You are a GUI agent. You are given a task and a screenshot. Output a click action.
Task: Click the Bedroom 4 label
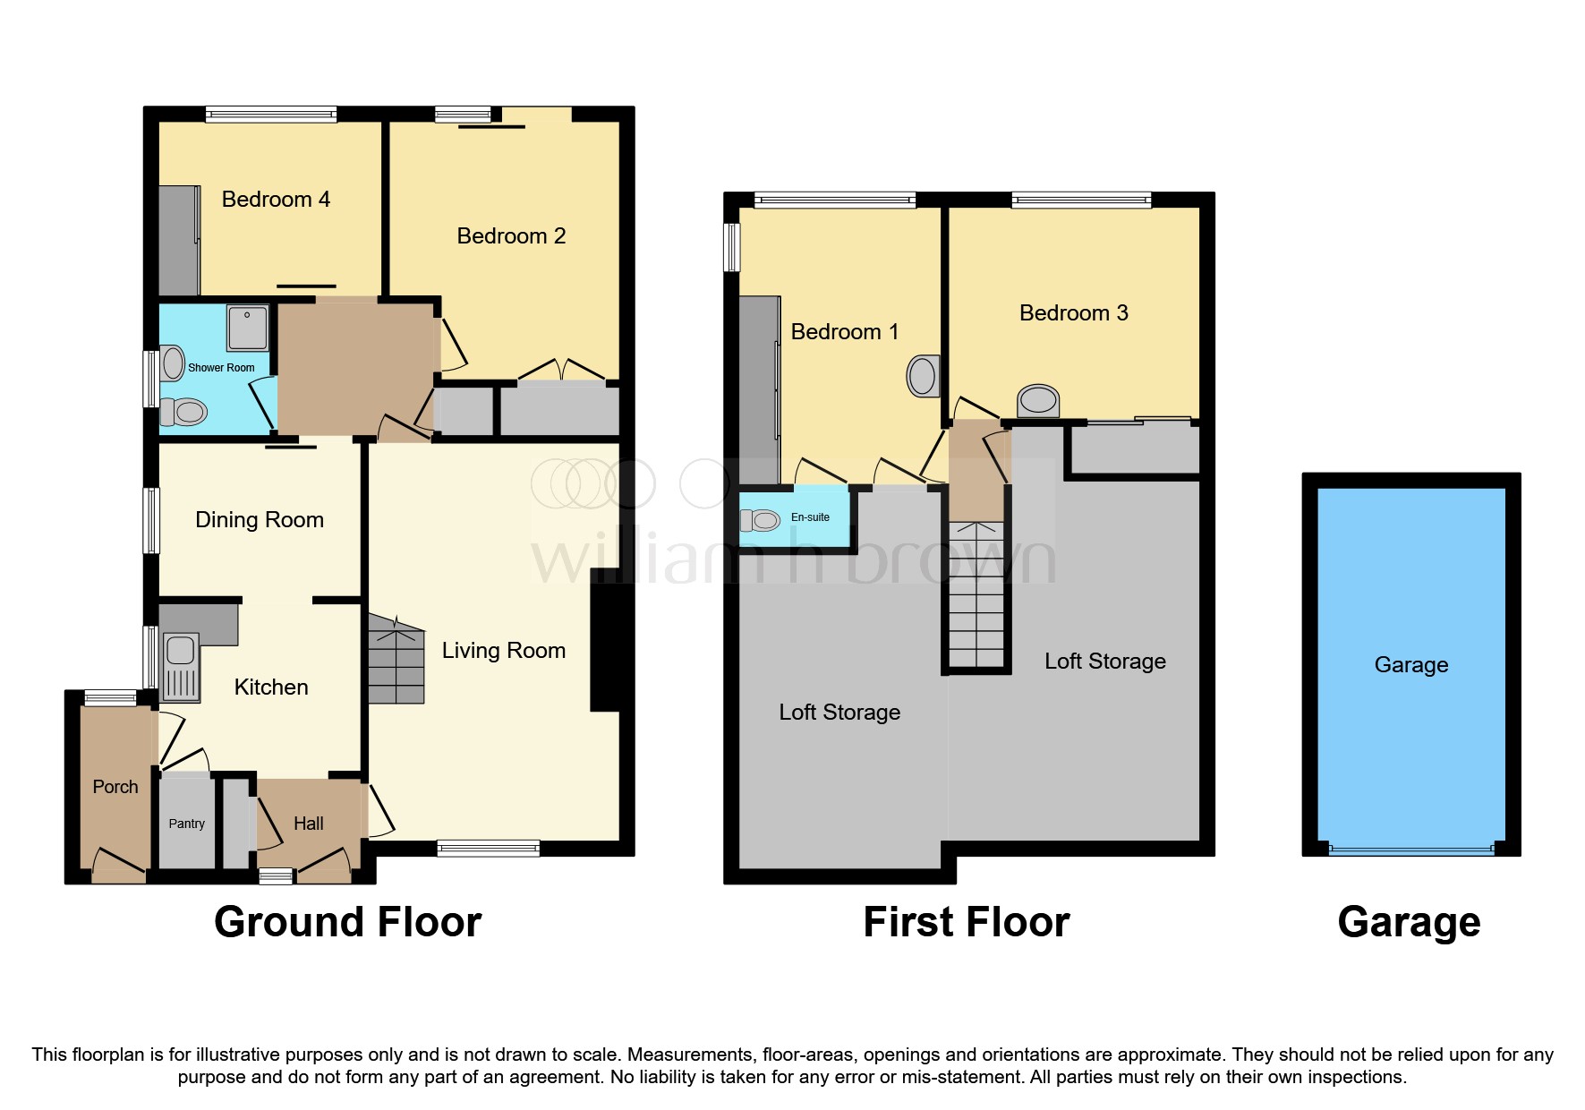(x=276, y=200)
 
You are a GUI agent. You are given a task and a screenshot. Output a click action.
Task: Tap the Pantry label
(x=186, y=824)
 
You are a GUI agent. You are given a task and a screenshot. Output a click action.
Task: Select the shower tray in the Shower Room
(x=246, y=328)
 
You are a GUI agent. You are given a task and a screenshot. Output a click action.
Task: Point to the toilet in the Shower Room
(x=184, y=413)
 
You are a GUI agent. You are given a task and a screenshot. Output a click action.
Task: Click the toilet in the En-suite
(x=761, y=519)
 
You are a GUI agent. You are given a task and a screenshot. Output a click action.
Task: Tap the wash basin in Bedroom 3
(x=1038, y=400)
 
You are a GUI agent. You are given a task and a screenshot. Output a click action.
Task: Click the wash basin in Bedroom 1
(x=923, y=375)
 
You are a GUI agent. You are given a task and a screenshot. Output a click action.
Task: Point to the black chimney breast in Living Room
(x=605, y=646)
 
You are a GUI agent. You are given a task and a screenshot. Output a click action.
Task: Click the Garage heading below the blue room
(x=1409, y=923)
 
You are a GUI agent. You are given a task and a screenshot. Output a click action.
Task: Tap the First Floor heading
(x=966, y=923)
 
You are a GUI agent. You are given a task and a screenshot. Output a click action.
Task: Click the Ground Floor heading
(x=347, y=923)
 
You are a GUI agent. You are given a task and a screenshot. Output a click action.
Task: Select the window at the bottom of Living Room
(x=489, y=848)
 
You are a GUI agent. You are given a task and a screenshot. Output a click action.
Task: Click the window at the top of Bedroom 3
(x=1081, y=200)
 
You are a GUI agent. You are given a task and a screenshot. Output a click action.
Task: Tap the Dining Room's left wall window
(x=152, y=520)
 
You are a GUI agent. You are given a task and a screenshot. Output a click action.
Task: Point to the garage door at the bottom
(x=1410, y=849)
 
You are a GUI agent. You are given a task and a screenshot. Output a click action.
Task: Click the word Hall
(x=309, y=824)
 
